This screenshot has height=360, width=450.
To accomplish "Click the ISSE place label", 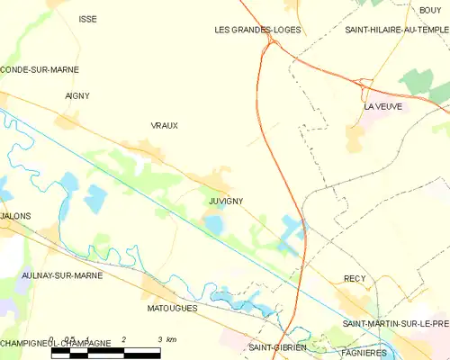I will tap(87, 19).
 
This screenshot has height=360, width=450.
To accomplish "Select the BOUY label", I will tap(430, 10).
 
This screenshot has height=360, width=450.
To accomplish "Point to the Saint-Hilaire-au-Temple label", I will tap(397, 30).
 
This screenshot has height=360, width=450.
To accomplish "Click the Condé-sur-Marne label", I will tap(40, 69).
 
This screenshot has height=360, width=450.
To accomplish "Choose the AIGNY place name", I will tap(77, 95).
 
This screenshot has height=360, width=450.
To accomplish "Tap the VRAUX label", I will tap(164, 125).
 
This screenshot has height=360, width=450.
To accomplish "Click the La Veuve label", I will tap(382, 106).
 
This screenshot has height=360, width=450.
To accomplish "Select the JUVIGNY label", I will tap(226, 201).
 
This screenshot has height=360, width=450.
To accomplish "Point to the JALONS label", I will tap(15, 217).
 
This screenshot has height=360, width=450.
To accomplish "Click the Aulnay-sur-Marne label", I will tap(60, 275).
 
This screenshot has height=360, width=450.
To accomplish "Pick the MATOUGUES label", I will tap(171, 308).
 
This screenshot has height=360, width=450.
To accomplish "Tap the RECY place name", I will tap(355, 279).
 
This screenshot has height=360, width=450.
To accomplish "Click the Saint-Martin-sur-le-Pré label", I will tap(396, 323).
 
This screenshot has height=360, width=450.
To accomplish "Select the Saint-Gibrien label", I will tap(278, 346).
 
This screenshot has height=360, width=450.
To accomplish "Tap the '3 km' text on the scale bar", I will tap(166, 339).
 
